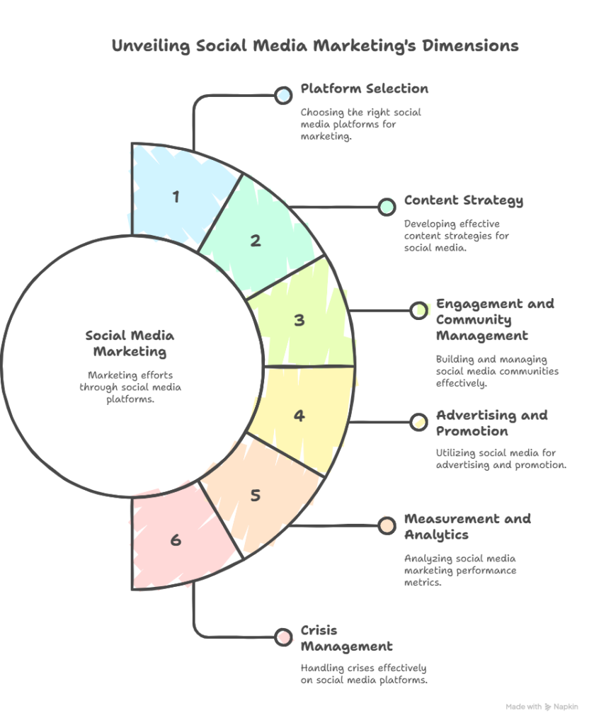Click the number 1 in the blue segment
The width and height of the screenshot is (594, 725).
(x=176, y=197)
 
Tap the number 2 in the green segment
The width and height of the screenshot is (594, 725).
(x=256, y=241)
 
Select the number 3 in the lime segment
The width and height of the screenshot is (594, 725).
(x=299, y=320)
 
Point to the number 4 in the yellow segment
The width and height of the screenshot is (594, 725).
(x=299, y=416)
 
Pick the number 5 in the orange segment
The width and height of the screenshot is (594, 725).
(x=256, y=495)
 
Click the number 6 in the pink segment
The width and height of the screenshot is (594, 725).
(x=176, y=540)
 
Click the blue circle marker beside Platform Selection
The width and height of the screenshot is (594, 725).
(x=283, y=96)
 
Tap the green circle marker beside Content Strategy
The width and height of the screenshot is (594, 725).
(x=387, y=207)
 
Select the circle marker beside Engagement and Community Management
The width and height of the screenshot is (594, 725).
(x=419, y=310)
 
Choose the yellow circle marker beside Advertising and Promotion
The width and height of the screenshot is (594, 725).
(x=419, y=422)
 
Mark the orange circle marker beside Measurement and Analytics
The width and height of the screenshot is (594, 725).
(x=387, y=526)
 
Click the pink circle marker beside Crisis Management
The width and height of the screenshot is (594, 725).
(x=283, y=637)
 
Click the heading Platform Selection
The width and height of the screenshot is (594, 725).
(x=364, y=89)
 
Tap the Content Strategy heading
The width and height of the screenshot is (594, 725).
(x=464, y=200)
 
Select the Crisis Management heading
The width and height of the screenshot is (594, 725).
(x=346, y=639)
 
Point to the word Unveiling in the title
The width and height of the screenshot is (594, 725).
(x=152, y=46)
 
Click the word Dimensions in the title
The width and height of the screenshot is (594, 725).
(x=470, y=45)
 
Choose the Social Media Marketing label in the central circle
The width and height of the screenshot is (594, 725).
(x=130, y=343)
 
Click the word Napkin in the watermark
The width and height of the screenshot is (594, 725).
(x=566, y=707)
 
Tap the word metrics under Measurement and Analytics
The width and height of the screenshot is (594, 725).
(x=423, y=583)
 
